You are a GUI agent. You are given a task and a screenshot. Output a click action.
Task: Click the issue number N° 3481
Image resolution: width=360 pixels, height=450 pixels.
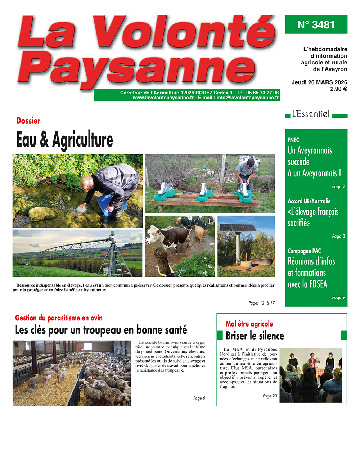point(316,24)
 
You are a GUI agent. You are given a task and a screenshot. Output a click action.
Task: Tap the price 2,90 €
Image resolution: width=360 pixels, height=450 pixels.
point(338,89)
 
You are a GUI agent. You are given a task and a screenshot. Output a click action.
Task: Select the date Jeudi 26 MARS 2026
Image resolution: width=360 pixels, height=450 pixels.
point(319,82)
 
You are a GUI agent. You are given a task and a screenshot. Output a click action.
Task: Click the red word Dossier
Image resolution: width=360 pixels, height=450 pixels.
point(28,121)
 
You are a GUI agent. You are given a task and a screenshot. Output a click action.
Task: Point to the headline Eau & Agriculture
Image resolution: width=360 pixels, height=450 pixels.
point(65,139)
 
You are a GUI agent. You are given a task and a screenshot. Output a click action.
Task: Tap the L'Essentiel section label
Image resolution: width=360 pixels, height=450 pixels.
point(311,114)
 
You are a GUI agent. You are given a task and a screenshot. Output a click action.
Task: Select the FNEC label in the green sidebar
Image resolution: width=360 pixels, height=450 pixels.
point(293,140)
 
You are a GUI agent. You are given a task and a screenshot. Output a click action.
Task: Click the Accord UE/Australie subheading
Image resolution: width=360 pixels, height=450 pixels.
point(309,201)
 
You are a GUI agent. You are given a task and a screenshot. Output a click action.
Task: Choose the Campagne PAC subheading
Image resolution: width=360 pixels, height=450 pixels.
point(304,251)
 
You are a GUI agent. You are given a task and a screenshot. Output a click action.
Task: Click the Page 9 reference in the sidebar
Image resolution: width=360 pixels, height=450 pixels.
point(338,297)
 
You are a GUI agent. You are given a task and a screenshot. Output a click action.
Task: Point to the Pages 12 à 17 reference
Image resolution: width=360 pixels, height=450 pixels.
point(261,303)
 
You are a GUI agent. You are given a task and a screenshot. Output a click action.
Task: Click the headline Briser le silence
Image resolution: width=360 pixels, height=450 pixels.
point(255,336)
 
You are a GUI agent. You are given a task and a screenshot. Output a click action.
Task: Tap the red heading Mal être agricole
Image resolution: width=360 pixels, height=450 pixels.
point(249,324)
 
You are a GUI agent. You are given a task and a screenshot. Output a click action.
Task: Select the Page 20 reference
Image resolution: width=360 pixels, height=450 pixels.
point(270,396)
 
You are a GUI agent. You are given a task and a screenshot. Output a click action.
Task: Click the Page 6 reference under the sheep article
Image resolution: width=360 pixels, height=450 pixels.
point(199,398)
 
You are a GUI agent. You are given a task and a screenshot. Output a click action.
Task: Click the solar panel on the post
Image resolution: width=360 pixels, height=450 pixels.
point(238,228)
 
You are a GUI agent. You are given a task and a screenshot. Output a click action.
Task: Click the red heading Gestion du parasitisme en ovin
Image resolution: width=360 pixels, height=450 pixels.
point(59,318)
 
